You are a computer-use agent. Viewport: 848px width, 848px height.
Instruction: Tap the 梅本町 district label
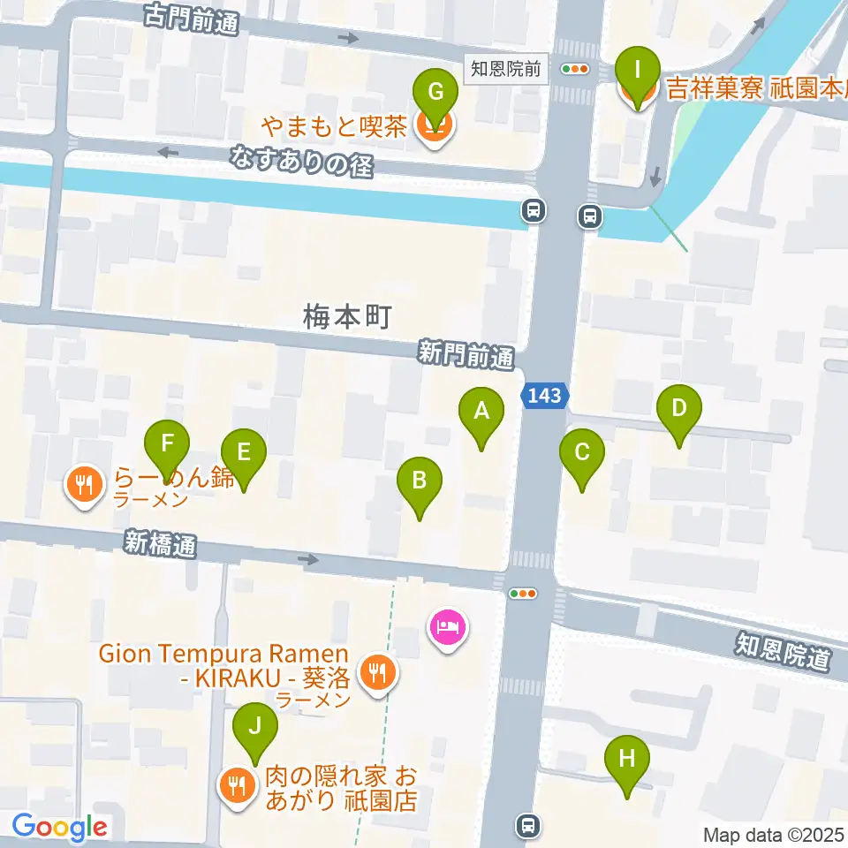(x=346, y=317)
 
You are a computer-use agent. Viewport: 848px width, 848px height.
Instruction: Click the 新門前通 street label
(x=466, y=356)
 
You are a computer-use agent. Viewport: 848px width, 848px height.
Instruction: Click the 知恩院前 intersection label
(x=505, y=69)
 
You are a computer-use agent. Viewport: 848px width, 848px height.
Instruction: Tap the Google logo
(x=60, y=828)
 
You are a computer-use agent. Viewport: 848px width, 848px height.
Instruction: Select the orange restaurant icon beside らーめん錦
(x=84, y=487)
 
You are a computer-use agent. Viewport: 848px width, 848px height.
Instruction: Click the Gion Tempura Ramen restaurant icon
(x=378, y=675)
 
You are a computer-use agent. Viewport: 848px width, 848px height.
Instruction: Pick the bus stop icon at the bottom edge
(x=527, y=826)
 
